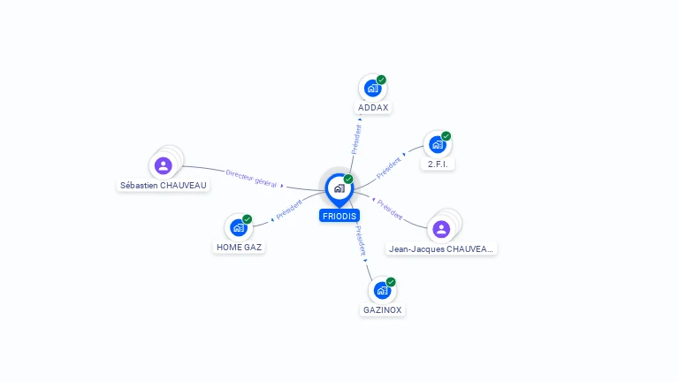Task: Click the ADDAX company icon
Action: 372,88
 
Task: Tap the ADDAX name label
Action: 373,108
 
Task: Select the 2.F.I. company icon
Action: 437,145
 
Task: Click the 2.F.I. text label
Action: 437,164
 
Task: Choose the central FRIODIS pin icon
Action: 339,187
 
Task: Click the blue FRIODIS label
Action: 339,216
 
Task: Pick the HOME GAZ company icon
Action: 238,227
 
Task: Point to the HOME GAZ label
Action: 239,248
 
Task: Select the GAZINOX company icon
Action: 382,290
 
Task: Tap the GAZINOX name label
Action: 383,310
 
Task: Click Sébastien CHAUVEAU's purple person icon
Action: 163,165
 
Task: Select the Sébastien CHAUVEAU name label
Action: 164,186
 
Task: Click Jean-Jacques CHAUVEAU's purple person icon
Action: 441,229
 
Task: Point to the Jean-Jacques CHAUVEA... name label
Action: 442,249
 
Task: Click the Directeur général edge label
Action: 251,179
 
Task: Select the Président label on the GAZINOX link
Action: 361,241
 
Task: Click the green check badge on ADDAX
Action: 381,80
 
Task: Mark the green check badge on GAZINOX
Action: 391,282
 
